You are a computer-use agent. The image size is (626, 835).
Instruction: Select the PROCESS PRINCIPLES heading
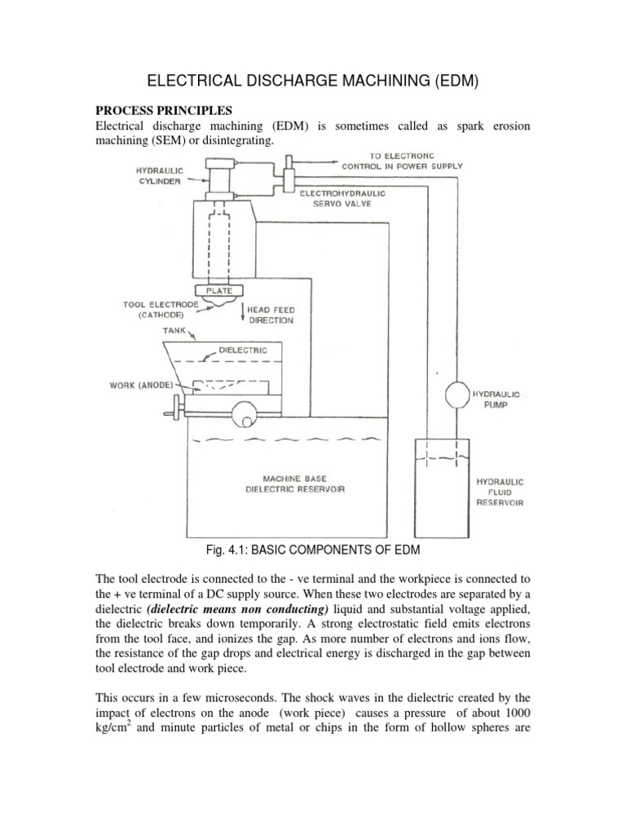(x=164, y=110)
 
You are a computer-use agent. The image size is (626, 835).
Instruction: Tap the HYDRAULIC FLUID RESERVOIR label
(x=500, y=493)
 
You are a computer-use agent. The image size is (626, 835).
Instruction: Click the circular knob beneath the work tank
(x=242, y=415)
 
